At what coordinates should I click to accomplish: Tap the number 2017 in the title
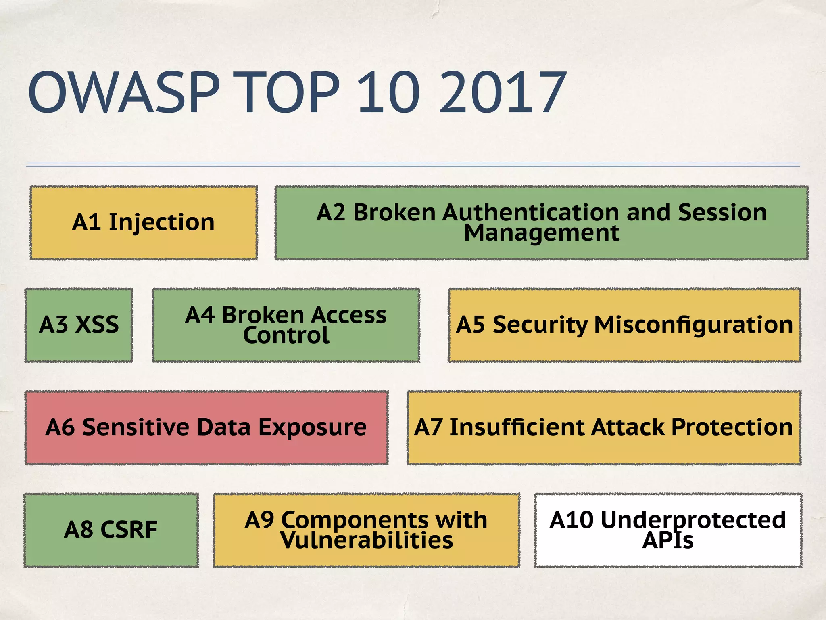tap(503, 92)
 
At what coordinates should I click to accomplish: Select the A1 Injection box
tap(144, 222)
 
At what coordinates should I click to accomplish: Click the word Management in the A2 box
tap(541, 233)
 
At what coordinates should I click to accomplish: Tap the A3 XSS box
tap(79, 325)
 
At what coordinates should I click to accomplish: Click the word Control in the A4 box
tap(286, 335)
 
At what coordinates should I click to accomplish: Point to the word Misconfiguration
tap(693, 325)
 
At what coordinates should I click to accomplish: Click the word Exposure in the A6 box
tap(312, 427)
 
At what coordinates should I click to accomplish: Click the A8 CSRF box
tap(111, 530)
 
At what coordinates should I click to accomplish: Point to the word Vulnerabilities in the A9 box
tap(367, 540)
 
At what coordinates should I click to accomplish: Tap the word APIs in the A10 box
tap(668, 540)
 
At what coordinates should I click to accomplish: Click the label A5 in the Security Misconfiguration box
tap(470, 325)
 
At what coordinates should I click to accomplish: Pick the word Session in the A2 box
tap(722, 212)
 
